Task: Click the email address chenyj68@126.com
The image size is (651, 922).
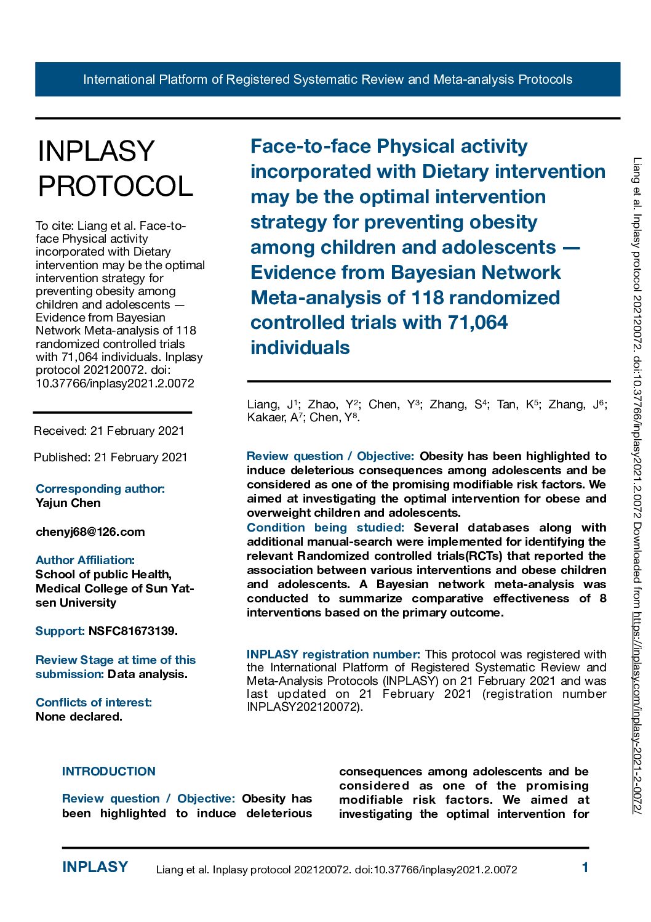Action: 90,532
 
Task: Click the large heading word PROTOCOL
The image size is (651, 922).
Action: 116,186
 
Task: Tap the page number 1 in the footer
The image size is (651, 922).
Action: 585,868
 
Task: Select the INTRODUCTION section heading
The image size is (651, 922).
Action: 109,771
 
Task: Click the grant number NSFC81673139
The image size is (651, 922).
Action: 132,631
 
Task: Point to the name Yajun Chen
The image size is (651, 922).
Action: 68,503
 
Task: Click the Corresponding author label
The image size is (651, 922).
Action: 100,488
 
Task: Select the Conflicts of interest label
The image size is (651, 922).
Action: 94,702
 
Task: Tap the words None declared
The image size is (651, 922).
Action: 79,716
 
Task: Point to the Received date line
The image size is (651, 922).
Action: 109,431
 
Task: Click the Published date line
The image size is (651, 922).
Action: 111,457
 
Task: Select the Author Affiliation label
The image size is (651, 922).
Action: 85,560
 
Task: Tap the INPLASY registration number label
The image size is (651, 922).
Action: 333,654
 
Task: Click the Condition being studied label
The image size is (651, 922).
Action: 325,527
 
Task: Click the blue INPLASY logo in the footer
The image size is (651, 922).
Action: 95,867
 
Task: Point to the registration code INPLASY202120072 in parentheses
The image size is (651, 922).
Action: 302,707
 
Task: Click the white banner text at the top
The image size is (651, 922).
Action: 327,79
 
